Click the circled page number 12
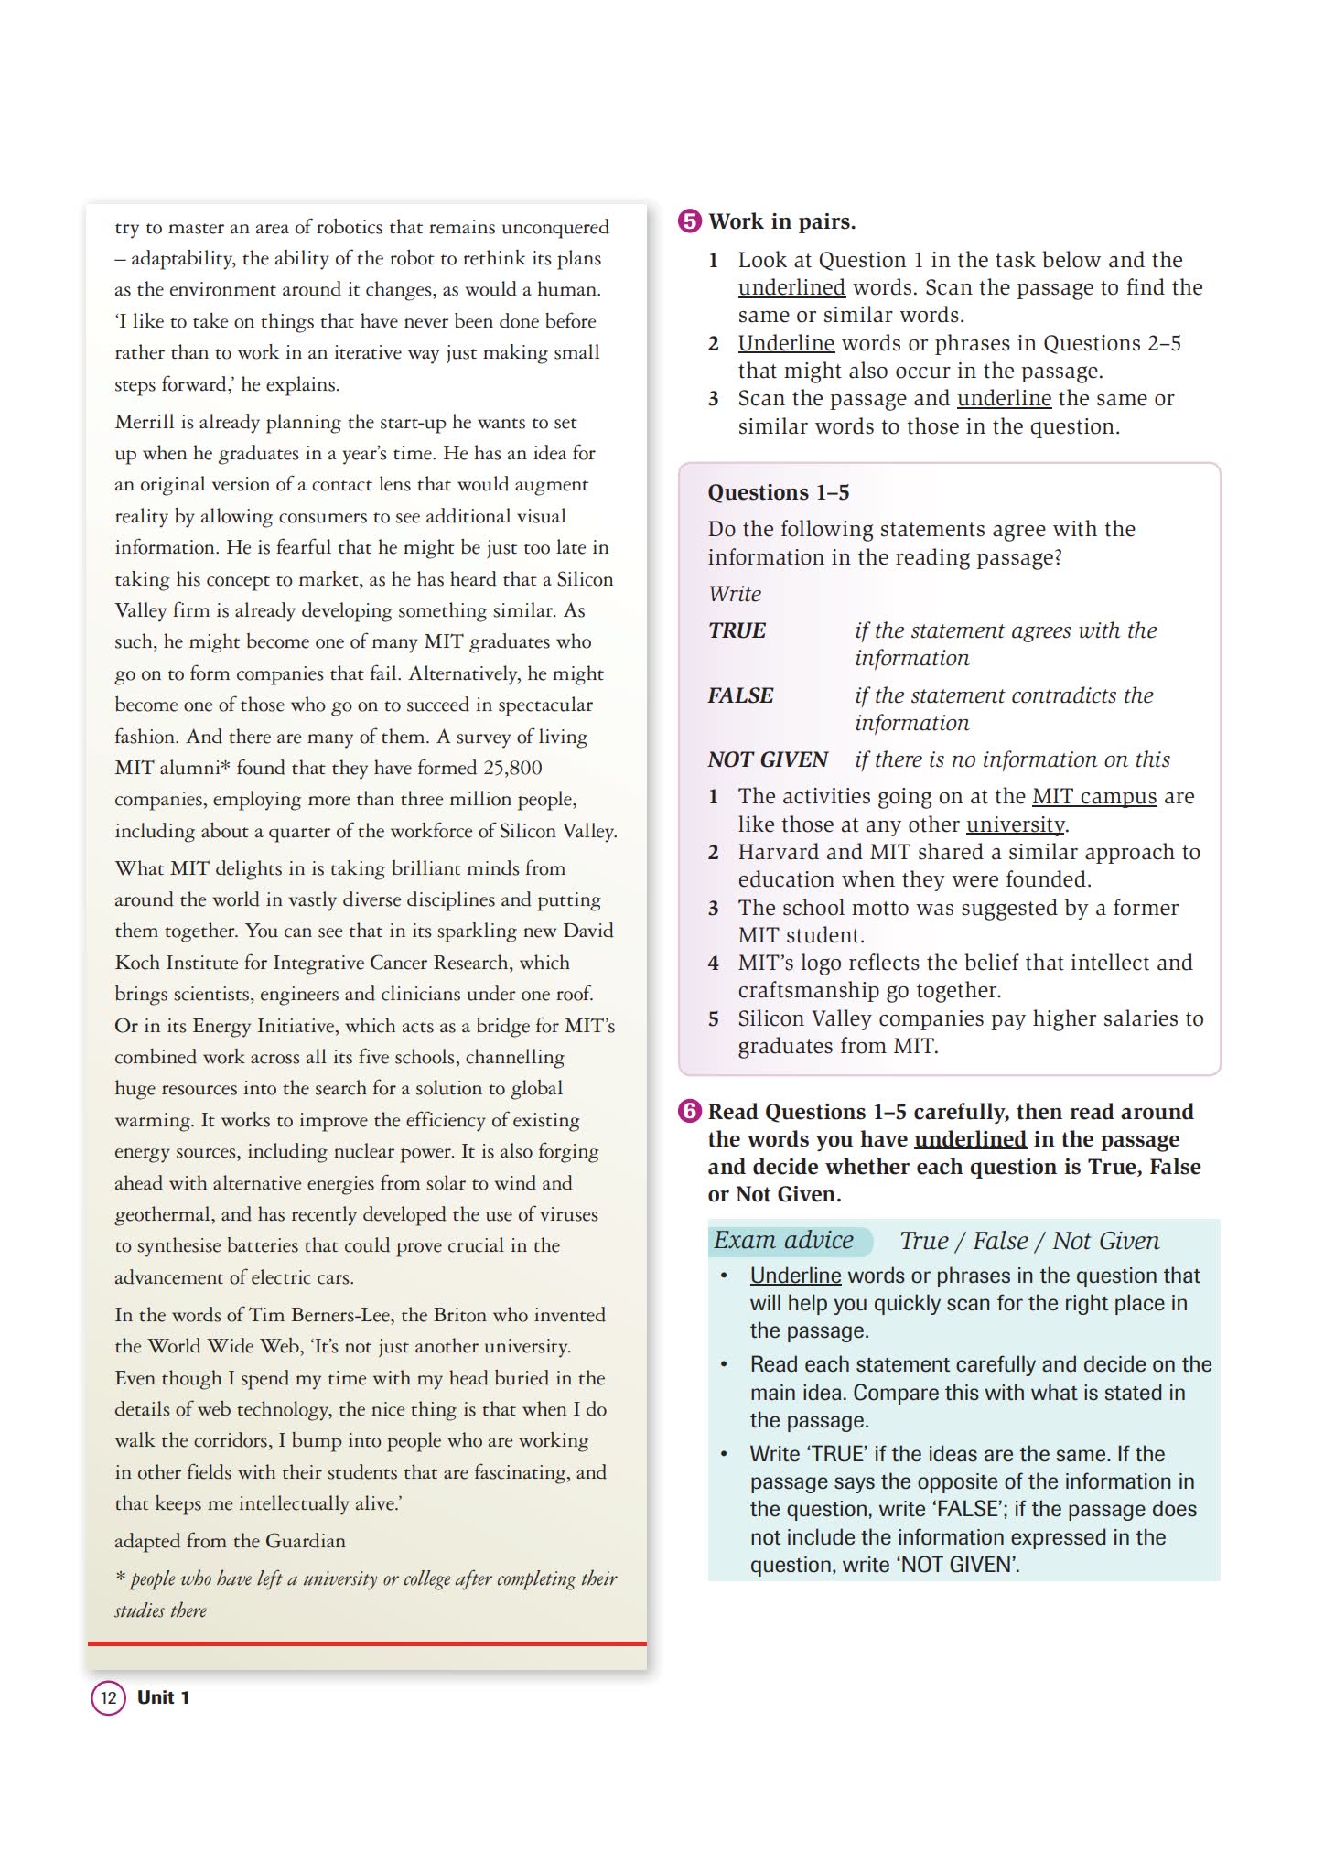point(108,1698)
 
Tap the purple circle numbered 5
point(689,221)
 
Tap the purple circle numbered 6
point(689,1112)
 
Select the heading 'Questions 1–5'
point(778,492)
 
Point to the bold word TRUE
point(737,630)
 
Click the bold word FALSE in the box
point(740,695)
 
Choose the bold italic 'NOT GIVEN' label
point(767,759)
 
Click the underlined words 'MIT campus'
point(1094,796)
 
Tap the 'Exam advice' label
point(784,1240)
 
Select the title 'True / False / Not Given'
point(1029,1241)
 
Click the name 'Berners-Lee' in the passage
point(342,1315)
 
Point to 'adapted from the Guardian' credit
point(230,1541)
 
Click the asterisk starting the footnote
point(120,1578)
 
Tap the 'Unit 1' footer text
point(163,1698)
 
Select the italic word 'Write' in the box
point(734,594)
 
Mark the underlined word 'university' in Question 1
point(1016,824)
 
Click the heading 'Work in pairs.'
point(782,221)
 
